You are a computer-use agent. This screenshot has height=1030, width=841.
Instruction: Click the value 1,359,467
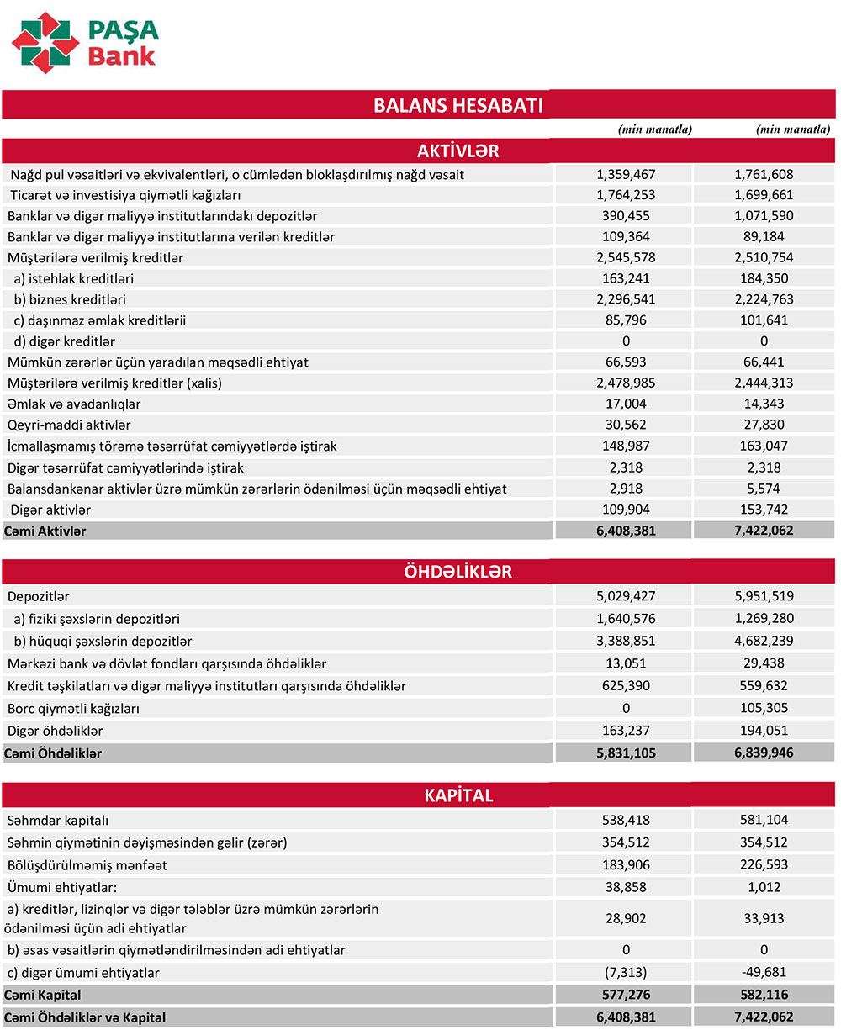626,175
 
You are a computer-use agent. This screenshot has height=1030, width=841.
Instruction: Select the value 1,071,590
764,216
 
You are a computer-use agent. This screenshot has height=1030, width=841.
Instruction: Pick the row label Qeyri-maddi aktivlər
69,425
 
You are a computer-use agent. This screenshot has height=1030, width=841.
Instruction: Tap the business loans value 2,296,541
626,299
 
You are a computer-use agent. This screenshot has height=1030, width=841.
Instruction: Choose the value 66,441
764,362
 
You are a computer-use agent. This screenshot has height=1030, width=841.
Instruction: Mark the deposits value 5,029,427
626,596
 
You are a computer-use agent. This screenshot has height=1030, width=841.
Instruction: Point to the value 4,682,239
764,642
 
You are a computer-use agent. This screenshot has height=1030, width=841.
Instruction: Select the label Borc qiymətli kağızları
74,708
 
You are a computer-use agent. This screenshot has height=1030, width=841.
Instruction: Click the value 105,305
764,708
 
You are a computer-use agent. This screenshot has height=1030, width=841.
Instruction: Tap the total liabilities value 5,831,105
626,753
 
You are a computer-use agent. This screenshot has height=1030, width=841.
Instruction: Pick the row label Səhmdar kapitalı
58,820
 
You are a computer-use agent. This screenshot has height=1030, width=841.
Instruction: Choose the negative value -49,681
764,973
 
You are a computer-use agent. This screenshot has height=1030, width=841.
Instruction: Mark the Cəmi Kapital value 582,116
764,996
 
